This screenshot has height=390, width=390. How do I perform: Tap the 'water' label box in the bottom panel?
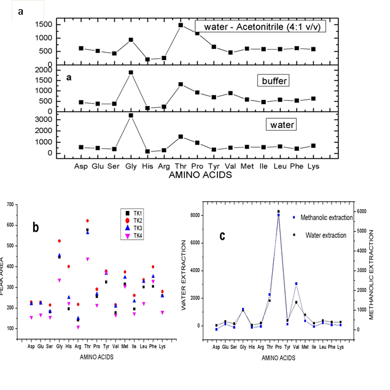(x=280, y=124)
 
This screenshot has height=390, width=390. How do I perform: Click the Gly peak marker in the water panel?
(x=131, y=115)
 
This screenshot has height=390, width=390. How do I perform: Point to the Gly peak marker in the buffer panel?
(x=131, y=72)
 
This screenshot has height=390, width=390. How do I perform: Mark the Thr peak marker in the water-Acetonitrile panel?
(x=181, y=25)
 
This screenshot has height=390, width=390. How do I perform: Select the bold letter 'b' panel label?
(x=36, y=227)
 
